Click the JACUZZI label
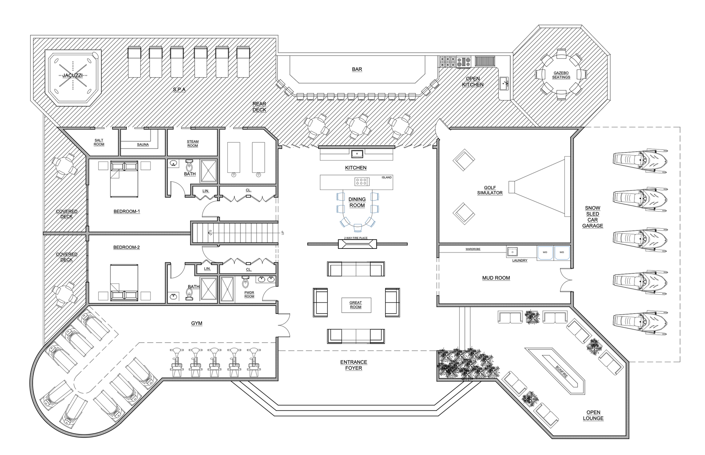pos(72,75)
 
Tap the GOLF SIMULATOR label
pos(490,190)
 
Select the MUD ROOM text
pos(496,278)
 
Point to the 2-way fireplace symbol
pos(357,244)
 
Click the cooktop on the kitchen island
pos(362,182)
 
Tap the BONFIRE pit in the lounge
pos(555,371)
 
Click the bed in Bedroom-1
pos(124,179)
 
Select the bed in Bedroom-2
pos(124,282)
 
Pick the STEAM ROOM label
pos(193,143)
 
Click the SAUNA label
pos(143,144)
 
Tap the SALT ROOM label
pos(99,142)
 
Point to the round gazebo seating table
pos(561,75)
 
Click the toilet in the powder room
pos(245,283)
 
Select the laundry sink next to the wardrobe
pos(512,252)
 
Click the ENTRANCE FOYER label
pos(354,365)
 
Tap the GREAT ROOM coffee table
pos(356,305)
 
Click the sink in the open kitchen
pos(505,84)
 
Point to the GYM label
pos(197,323)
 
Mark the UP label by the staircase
pos(282,233)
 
